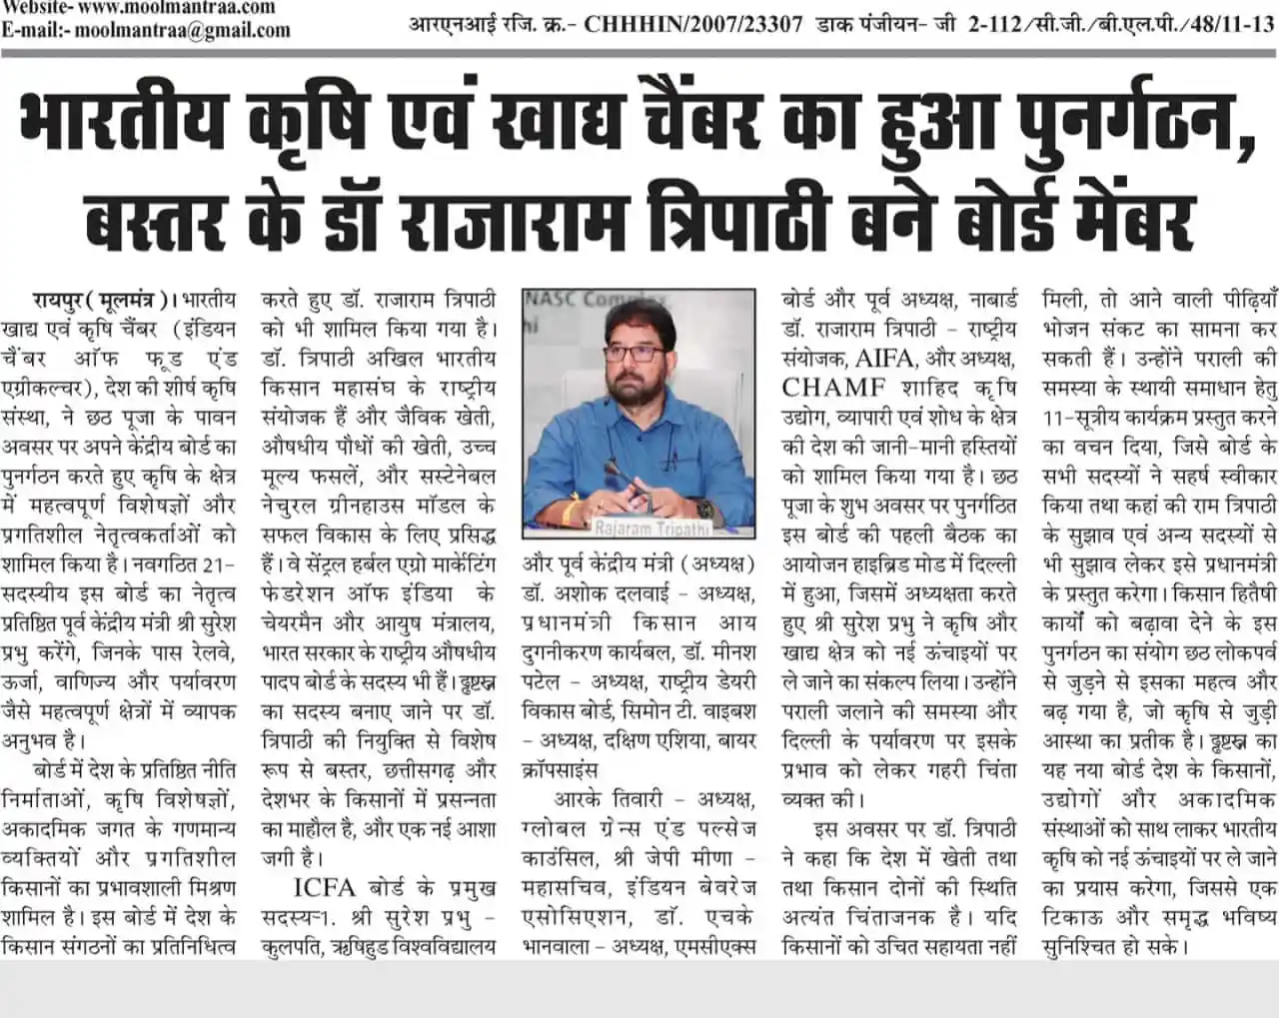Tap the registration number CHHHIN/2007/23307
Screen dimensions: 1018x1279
click(693, 24)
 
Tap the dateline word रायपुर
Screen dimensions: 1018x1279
click(60, 300)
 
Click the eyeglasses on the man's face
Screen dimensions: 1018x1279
click(633, 353)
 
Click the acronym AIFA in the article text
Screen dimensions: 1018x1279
click(884, 358)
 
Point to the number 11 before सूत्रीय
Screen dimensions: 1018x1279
click(1053, 418)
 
